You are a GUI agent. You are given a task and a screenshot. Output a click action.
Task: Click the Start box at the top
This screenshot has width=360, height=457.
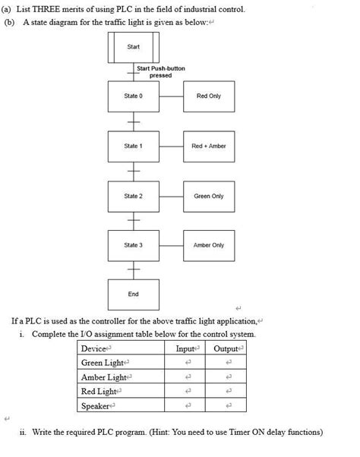tap(133, 47)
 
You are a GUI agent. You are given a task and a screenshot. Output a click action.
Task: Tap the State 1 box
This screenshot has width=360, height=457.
tap(133, 146)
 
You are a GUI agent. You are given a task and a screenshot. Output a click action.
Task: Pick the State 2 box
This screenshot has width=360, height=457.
tap(133, 196)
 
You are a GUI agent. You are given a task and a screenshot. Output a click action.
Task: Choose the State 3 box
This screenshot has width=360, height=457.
tap(133, 245)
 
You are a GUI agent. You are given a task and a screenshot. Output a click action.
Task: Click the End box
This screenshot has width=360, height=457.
tap(133, 294)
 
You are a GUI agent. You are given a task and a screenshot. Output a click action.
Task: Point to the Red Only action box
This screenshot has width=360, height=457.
tap(208, 96)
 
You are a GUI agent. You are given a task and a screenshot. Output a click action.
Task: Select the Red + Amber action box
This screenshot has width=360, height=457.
tap(208, 146)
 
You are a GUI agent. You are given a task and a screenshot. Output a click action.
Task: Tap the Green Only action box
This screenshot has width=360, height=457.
tap(208, 196)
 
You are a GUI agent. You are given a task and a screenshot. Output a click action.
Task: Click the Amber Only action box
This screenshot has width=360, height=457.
tap(208, 245)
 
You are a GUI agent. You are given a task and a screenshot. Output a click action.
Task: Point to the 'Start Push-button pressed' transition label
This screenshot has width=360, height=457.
tap(160, 72)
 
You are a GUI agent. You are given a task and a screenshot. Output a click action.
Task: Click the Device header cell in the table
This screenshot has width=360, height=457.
tap(96, 348)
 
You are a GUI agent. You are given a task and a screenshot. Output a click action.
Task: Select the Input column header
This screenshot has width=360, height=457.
tap(186, 348)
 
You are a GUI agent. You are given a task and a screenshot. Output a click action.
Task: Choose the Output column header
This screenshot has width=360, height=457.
tap(226, 348)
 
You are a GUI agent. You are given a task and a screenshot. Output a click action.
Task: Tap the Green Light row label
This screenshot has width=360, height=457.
tap(104, 363)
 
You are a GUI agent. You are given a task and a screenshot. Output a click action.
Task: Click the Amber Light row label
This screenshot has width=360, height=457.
tap(104, 377)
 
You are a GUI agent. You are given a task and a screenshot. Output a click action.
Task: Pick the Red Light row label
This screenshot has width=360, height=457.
tap(99, 392)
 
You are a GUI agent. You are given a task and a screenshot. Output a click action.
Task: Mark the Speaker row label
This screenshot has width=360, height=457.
tap(97, 406)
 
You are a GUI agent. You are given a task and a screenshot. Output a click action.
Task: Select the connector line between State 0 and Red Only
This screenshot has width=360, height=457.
tap(171, 96)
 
